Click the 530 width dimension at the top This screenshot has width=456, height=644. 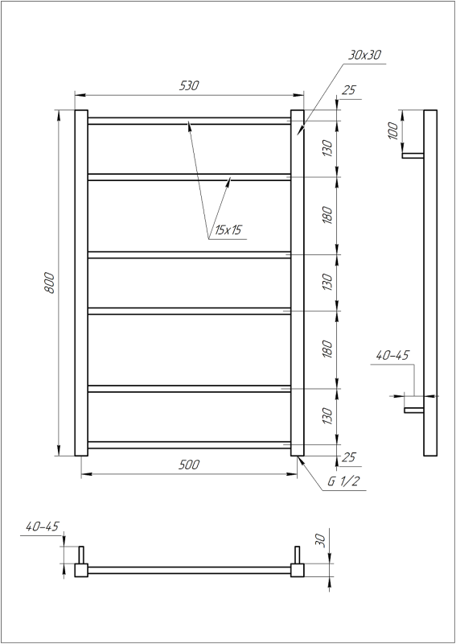point(189,85)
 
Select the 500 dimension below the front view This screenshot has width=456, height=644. point(189,464)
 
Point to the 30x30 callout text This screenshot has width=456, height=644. point(365,55)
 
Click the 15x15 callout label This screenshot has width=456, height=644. point(226,230)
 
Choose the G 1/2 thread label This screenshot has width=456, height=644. point(343,483)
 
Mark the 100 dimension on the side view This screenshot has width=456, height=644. point(393,131)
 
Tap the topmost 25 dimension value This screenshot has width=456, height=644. point(348,90)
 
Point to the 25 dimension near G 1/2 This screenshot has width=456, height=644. point(348,456)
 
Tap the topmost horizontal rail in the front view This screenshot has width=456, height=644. point(189,121)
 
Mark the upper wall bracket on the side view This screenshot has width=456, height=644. point(413,155)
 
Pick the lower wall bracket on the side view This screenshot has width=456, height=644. point(413,410)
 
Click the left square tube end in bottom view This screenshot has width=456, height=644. point(81,570)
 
